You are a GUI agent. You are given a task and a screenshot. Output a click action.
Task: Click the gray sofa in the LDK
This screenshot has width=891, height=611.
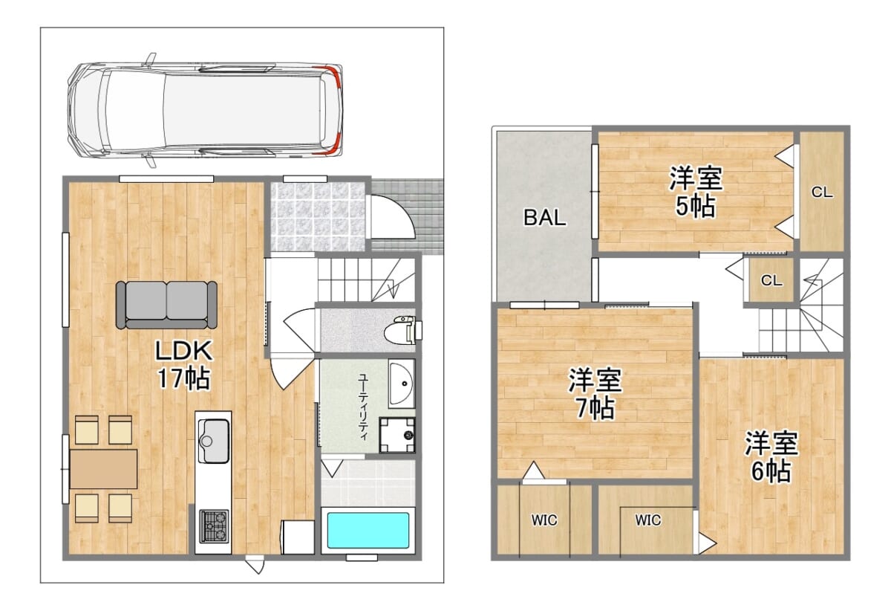click(x=166, y=305)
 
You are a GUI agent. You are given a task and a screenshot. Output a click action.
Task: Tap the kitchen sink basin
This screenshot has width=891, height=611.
click(x=215, y=441)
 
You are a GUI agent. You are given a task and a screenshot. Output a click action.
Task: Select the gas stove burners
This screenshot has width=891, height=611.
click(x=214, y=526)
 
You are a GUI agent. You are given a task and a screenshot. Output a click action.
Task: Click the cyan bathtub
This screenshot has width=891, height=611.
click(x=368, y=531)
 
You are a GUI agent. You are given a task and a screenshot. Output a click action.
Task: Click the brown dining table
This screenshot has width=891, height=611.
click(x=103, y=469)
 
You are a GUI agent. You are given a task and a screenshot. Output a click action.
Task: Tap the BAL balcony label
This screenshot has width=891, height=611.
click(x=544, y=218)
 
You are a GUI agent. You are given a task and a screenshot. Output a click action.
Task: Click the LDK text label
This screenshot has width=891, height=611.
click(x=184, y=352)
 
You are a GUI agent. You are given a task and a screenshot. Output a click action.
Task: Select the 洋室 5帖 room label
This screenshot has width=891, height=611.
click(x=696, y=192)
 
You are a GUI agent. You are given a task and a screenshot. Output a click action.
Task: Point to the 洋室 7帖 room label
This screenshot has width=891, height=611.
click(x=595, y=394)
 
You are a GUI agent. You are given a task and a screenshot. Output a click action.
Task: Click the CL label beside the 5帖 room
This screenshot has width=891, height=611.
click(x=822, y=193)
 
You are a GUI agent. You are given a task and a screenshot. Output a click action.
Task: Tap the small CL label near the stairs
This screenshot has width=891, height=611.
click(x=771, y=281)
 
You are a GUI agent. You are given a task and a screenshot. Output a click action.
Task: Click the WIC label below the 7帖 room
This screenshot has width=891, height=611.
click(x=544, y=520)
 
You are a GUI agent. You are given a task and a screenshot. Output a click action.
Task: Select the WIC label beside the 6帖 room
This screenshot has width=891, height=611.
click(x=648, y=520)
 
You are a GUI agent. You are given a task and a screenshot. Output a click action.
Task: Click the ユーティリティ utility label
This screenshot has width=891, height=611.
click(x=363, y=407)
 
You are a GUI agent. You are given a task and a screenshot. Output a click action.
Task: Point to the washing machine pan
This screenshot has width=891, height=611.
click(x=397, y=435)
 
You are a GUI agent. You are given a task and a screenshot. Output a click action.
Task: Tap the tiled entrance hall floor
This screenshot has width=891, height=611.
click(x=318, y=216)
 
